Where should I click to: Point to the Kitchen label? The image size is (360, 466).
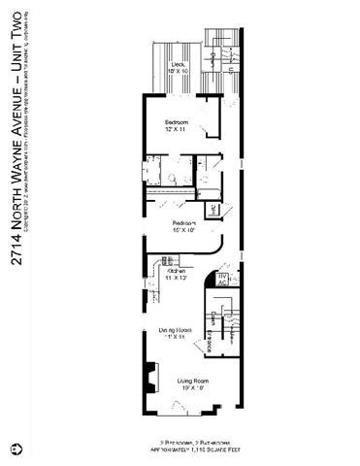click(x=176, y=274)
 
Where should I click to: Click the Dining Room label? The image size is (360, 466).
click(x=176, y=333)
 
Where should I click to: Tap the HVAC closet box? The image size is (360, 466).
click(x=221, y=279)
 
